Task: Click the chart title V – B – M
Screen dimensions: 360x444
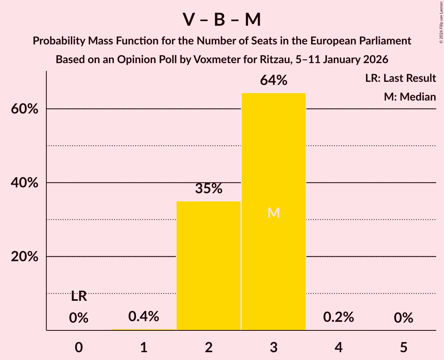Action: (222, 20)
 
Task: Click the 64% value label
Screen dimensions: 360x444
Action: (274, 81)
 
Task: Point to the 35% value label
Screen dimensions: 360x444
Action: (209, 189)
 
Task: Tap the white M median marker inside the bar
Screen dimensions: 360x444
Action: (274, 213)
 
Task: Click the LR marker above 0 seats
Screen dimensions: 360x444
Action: (79, 296)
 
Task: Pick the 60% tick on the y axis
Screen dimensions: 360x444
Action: (25, 109)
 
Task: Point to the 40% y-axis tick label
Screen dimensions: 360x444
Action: (25, 183)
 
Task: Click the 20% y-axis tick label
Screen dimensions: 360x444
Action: (25, 257)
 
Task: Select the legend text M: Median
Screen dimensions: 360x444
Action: (410, 97)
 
